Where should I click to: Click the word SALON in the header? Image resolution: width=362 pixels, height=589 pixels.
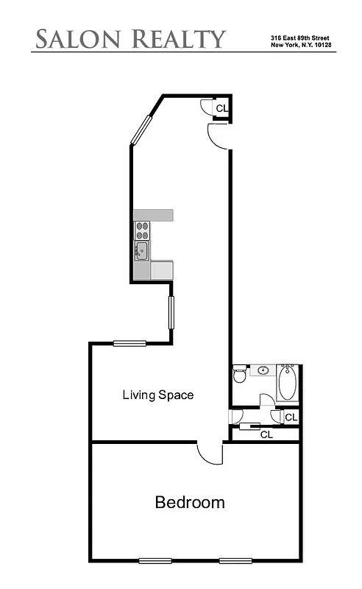coord(78,38)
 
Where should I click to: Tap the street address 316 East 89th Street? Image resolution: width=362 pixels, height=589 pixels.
coord(299,37)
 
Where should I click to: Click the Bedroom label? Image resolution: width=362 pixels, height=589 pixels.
coord(189,503)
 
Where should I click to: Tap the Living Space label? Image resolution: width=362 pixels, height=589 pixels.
coord(157,395)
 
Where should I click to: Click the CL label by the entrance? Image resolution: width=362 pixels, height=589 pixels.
coord(221,108)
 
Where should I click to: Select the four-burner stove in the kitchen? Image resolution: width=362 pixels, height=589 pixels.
coord(143,230)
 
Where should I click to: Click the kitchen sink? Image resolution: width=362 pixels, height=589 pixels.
coord(142,251)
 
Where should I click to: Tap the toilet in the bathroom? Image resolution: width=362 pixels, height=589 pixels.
coord(240,375)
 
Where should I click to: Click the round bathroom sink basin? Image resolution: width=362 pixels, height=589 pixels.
coord(263,370)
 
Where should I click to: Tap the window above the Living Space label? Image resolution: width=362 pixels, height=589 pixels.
coord(129,342)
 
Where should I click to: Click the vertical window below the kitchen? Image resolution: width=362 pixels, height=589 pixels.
coord(171,311)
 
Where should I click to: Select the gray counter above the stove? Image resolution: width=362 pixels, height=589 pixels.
coord(153,215)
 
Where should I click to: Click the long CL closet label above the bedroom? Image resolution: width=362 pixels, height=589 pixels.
coord(266,434)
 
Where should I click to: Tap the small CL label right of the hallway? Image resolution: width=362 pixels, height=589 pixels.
coord(291,417)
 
